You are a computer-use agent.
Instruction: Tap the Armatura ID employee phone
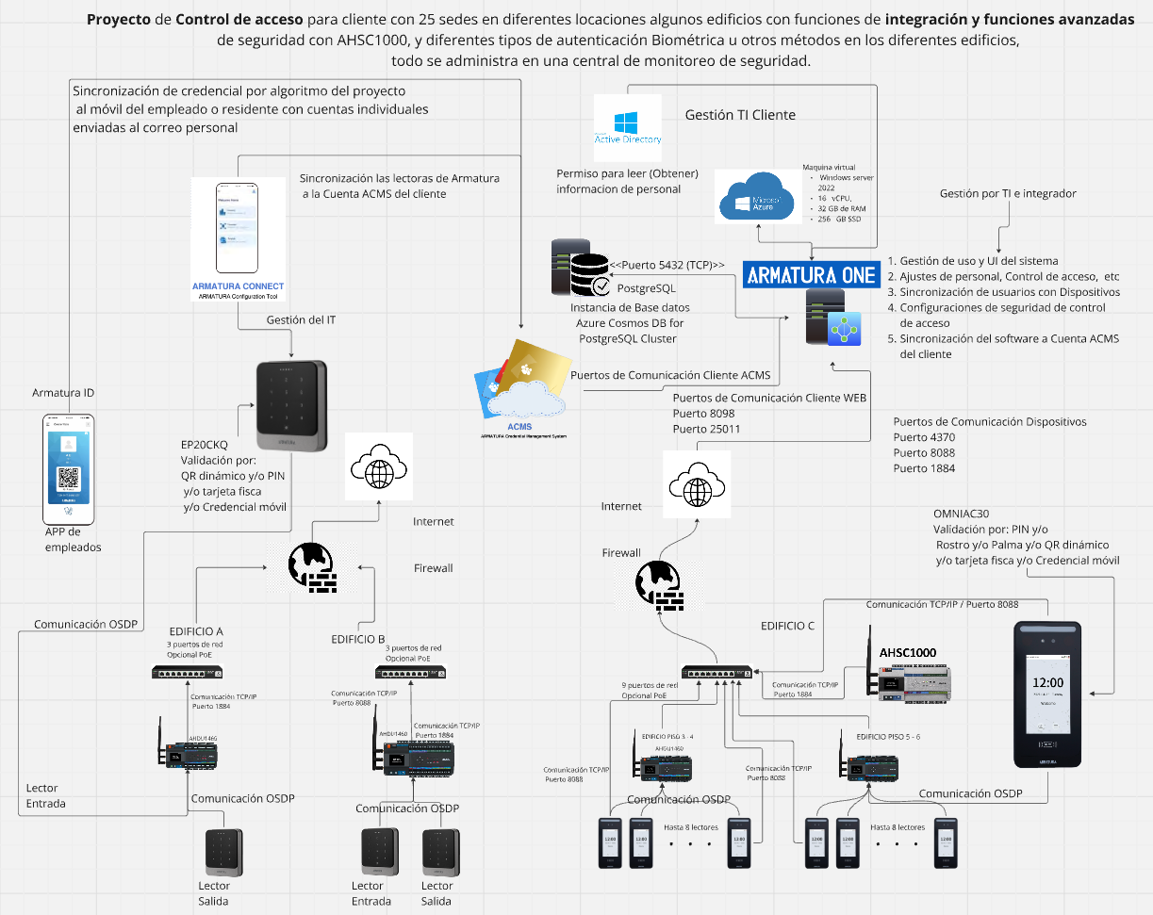[x=70, y=468]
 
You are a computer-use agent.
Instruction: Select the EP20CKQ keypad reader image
[x=292, y=405]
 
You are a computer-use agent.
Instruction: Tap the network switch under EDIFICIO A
[x=189, y=673]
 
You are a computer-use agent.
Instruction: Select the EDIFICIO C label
[x=787, y=625]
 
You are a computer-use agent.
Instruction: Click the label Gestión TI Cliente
[x=740, y=115]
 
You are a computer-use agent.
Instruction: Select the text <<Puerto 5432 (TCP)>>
[x=667, y=266]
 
